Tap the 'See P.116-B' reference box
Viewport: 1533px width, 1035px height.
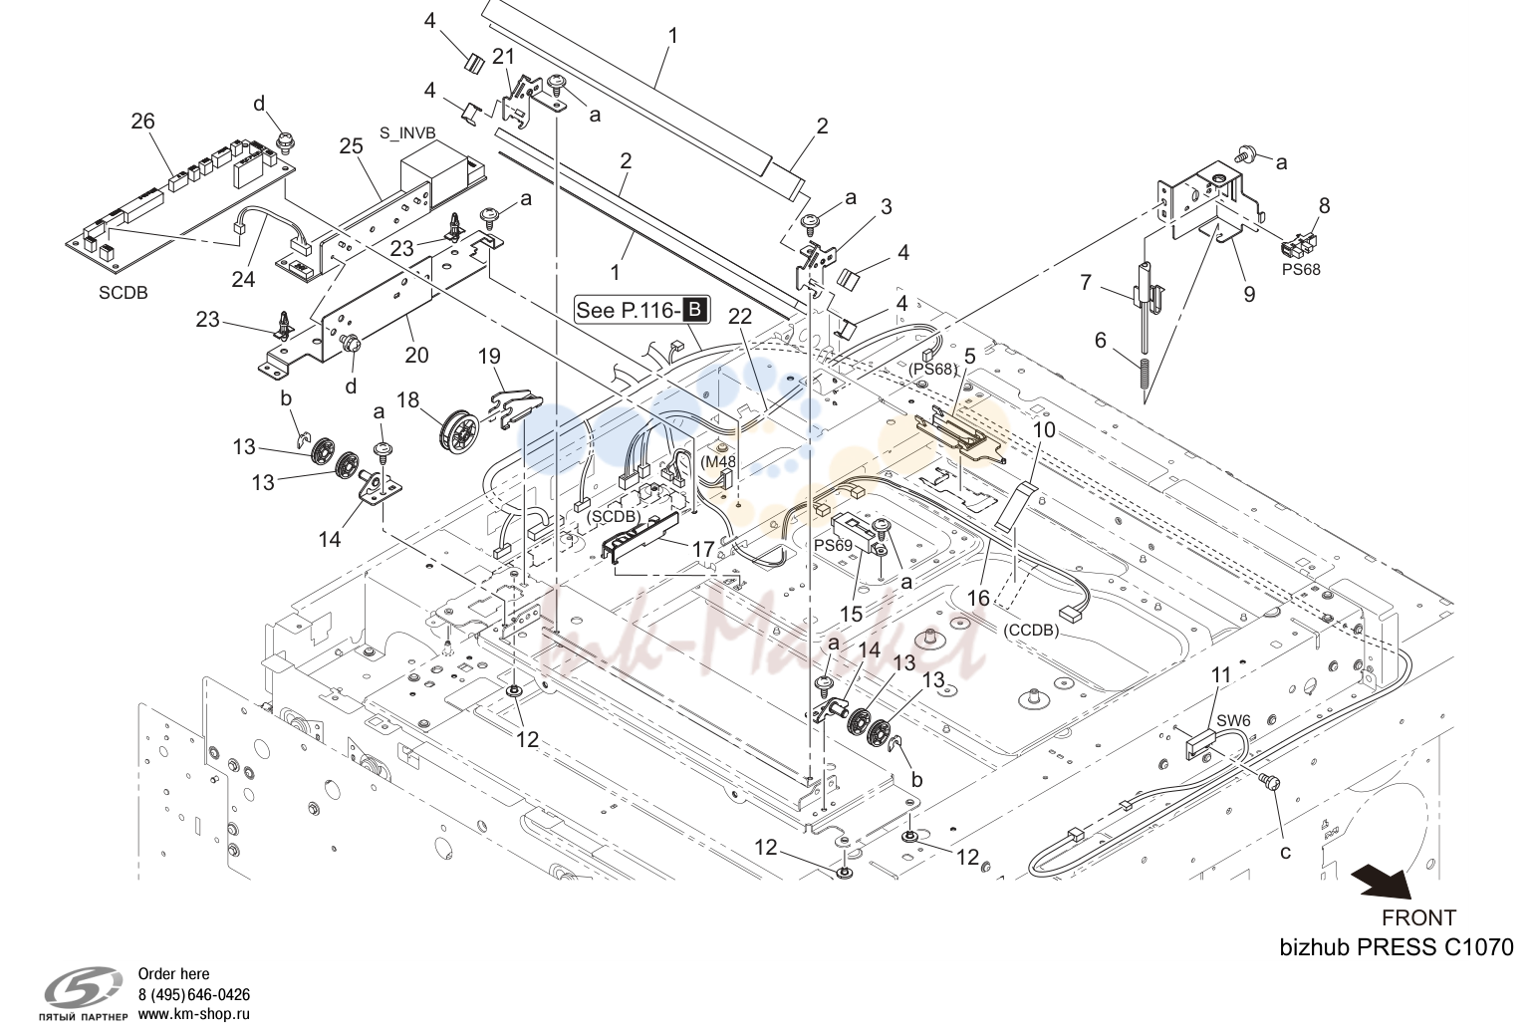click(641, 310)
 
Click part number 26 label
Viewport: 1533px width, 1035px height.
click(143, 122)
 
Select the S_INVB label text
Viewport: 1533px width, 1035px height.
click(407, 132)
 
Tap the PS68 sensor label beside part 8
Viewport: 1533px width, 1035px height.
click(1301, 270)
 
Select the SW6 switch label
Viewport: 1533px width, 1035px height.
click(1234, 721)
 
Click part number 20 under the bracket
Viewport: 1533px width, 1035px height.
click(416, 356)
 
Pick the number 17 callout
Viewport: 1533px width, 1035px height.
click(703, 549)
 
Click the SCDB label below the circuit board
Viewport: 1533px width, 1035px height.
click(124, 293)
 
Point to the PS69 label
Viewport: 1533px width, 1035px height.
click(833, 546)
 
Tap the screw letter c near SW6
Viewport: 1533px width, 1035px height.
click(1285, 853)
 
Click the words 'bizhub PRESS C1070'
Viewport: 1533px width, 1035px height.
click(1397, 947)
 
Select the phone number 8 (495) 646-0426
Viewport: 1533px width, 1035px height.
click(193, 994)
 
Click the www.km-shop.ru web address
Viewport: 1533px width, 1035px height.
click(193, 1014)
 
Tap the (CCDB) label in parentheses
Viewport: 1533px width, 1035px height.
click(1031, 630)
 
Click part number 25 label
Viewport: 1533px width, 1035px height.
click(351, 145)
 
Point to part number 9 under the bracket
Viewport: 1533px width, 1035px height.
click(1249, 294)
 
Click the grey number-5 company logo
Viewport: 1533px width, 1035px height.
click(84, 988)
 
